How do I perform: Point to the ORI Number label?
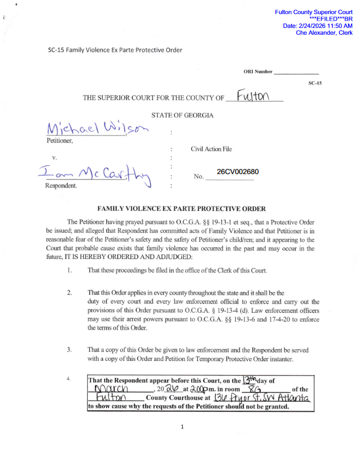coord(258,72)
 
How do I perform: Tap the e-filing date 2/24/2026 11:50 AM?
coord(318,26)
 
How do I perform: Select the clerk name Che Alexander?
coord(324,33)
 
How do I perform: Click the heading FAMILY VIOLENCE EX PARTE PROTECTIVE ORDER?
coord(181,209)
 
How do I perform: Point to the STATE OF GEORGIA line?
coord(182,116)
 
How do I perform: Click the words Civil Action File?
coord(211,149)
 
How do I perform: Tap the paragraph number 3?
coord(69,350)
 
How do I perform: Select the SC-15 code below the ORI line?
coord(315,83)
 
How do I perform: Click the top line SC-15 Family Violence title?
coord(115,50)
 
